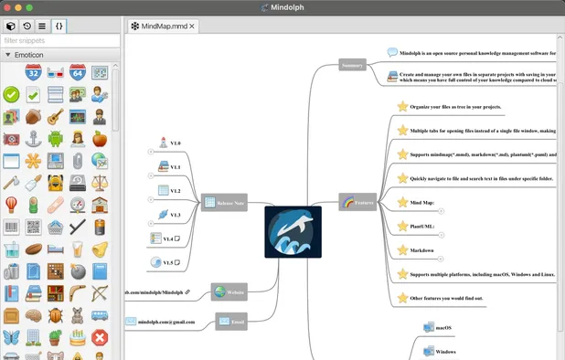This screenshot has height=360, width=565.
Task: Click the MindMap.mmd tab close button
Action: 192,26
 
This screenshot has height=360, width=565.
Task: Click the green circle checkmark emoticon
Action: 11,94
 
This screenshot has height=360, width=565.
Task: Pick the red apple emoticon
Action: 101,139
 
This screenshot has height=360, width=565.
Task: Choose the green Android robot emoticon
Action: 56,139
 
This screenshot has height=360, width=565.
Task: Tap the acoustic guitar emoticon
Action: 56,117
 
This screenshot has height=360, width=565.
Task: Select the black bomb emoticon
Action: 78,271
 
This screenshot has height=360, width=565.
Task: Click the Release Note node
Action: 223,203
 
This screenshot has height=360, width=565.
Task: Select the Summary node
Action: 352,66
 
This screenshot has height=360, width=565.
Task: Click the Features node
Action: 357,203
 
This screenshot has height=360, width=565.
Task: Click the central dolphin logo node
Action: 293,232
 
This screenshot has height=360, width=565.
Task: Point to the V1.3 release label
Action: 175,215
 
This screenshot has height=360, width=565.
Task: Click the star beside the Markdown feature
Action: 402,249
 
